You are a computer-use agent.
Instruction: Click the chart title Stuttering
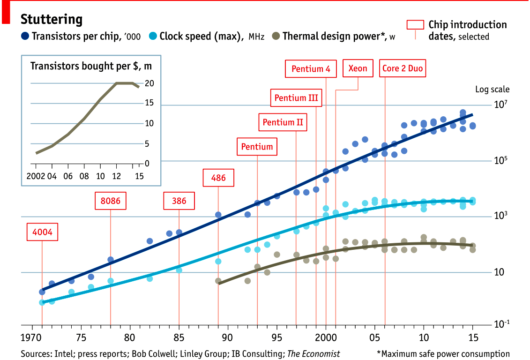[52, 20]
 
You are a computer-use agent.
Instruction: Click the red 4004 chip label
[42, 232]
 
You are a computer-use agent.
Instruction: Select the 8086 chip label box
[111, 201]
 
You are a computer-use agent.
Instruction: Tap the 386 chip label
[179, 201]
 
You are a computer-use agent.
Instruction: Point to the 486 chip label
[218, 178]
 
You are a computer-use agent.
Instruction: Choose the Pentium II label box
[283, 122]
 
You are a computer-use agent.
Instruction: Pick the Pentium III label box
[296, 98]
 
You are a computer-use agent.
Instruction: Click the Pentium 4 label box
[311, 69]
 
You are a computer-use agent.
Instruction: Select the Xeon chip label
[358, 68]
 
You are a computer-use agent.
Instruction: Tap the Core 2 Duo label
[403, 68]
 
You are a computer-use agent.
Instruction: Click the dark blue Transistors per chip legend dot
[25, 36]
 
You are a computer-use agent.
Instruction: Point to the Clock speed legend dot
[153, 36]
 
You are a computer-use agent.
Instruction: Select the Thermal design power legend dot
[276, 36]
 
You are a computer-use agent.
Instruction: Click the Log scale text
[492, 89]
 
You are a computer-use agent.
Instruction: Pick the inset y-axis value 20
[149, 83]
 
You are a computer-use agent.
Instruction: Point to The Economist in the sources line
[314, 354]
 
